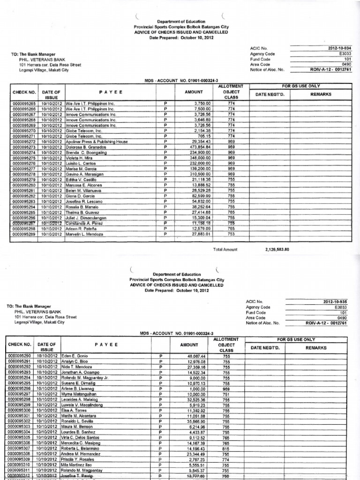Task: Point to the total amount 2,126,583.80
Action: coord(277,249)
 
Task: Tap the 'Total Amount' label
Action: coord(225,249)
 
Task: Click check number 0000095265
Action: coord(24,103)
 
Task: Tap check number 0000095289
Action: coord(24,234)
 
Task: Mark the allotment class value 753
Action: coord(231,234)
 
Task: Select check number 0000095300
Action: coord(22,410)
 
